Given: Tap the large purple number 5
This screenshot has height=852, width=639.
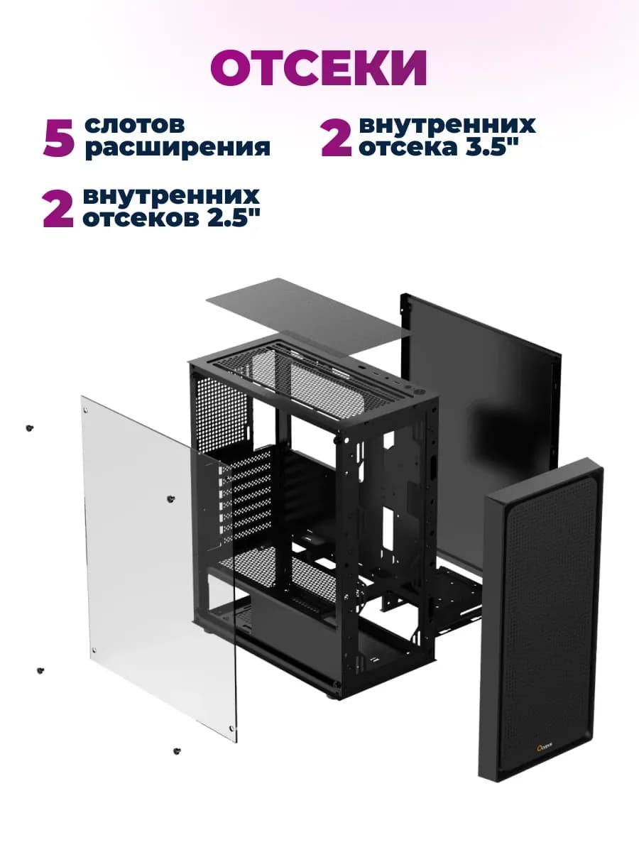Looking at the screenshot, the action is point(59,138).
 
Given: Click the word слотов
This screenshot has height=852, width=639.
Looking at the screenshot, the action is point(135,124).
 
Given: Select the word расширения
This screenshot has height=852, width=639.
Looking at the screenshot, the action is point(177,148).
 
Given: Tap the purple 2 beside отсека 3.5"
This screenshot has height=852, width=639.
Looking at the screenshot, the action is point(337,138).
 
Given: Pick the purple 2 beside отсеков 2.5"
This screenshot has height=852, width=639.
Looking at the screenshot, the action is point(58,209).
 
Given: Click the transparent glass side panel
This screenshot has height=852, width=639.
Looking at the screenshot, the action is point(159,567).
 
